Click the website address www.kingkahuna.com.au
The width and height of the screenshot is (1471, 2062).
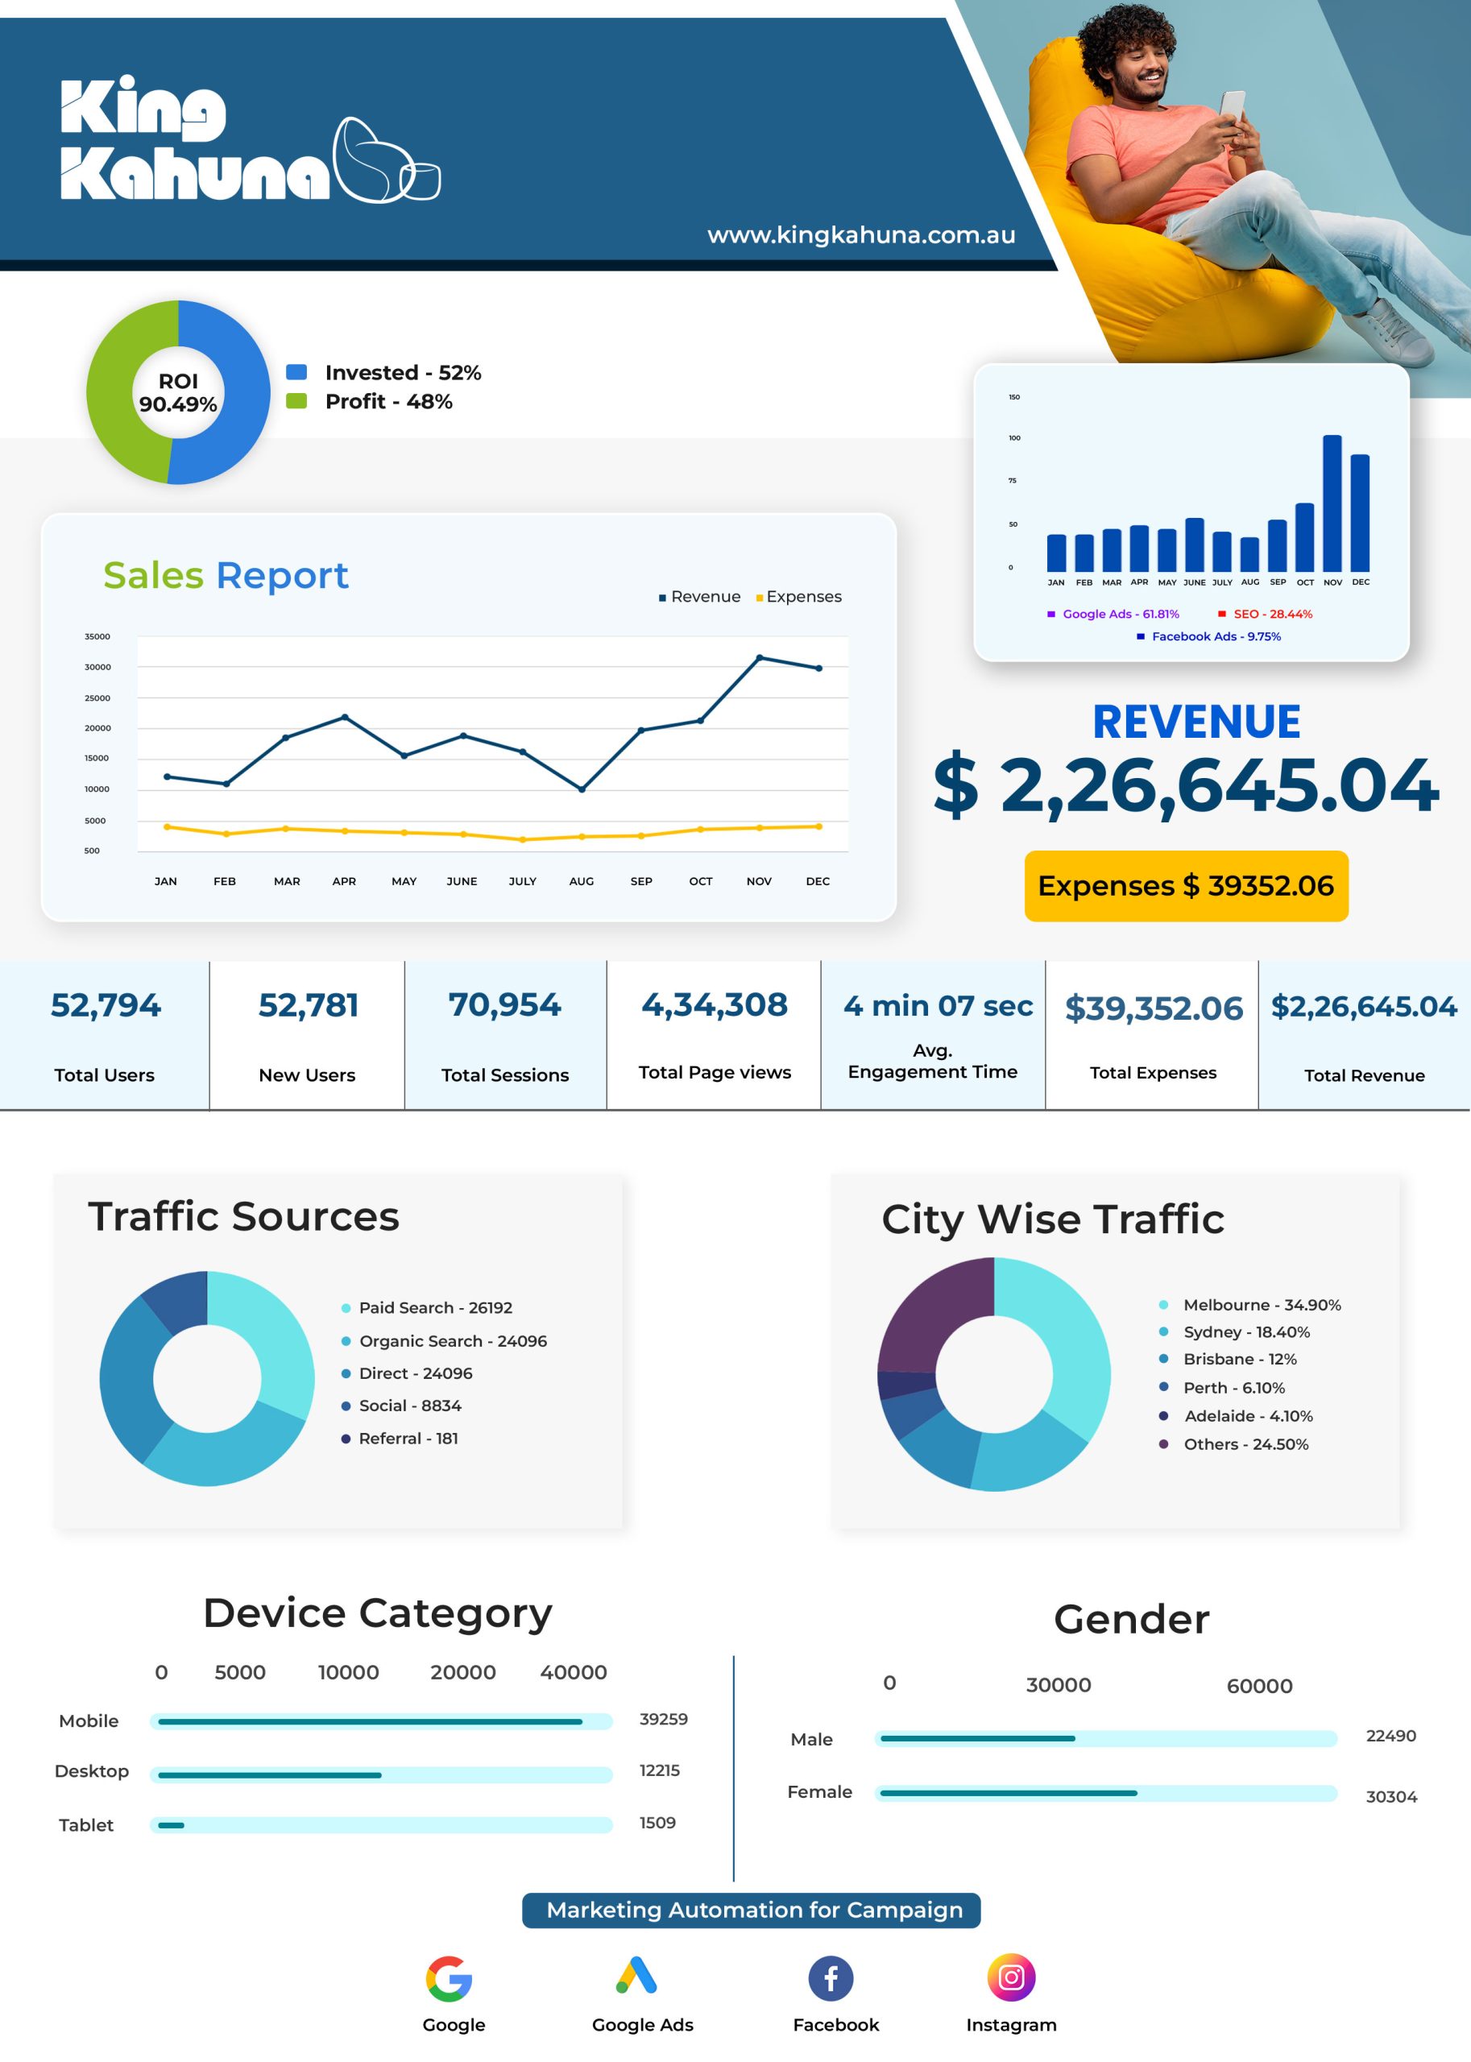pos(860,235)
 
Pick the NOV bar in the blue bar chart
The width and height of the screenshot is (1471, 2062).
pos(1332,503)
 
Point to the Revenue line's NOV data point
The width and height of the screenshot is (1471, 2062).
pos(759,657)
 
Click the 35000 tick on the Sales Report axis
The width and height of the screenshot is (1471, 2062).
pos(97,636)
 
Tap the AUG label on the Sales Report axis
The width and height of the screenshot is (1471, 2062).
pos(582,881)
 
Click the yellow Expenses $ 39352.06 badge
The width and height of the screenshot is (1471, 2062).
pos(1186,886)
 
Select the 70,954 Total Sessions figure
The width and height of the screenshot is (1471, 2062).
pos(504,1004)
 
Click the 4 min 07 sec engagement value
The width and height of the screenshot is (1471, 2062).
pos(938,1005)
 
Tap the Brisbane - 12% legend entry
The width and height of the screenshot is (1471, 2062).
pos(1229,1358)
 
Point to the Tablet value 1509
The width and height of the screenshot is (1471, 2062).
pos(657,1822)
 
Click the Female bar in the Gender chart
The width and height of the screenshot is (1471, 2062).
pos(1008,1793)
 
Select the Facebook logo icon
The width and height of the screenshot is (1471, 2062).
pos(831,1977)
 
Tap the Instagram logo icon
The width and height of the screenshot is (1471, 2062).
pos(1011,1977)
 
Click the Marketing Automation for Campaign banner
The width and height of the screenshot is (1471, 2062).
pos(751,1910)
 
